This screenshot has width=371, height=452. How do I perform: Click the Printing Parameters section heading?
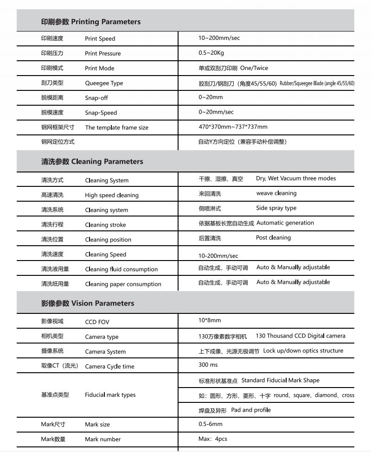pyautogui.click(x=91, y=22)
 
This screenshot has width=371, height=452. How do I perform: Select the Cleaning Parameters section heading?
pyautogui.click(x=92, y=162)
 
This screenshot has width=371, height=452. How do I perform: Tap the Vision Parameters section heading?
pyautogui.click(x=88, y=304)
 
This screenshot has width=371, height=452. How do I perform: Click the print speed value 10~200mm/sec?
pyautogui.click(x=219, y=38)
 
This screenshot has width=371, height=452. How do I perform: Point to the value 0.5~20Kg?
pyautogui.click(x=211, y=53)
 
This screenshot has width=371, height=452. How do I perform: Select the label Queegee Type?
pyautogui.click(x=104, y=83)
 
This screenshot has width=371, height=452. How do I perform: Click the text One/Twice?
pyautogui.click(x=254, y=68)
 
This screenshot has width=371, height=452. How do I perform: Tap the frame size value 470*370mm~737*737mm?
pyautogui.click(x=233, y=127)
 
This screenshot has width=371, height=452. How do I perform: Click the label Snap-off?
pyautogui.click(x=96, y=98)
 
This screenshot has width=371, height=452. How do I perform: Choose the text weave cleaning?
pyautogui.click(x=276, y=193)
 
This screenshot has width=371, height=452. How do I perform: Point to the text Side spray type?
pyautogui.click(x=276, y=208)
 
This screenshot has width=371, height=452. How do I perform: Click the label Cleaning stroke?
pyautogui.click(x=105, y=225)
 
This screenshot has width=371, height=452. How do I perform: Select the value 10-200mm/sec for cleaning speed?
pyautogui.click(x=218, y=256)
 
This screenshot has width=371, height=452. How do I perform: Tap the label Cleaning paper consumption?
pyautogui.click(x=123, y=284)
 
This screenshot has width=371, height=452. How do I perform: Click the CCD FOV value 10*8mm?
pyautogui.click(x=210, y=320)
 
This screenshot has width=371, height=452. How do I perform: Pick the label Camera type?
pyautogui.click(x=102, y=337)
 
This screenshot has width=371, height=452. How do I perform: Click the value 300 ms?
pyautogui.click(x=208, y=365)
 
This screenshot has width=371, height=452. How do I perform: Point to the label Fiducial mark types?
pyautogui.click(x=110, y=395)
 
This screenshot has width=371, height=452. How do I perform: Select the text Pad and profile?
pyautogui.click(x=251, y=410)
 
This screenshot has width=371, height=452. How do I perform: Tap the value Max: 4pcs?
pyautogui.click(x=213, y=439)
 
